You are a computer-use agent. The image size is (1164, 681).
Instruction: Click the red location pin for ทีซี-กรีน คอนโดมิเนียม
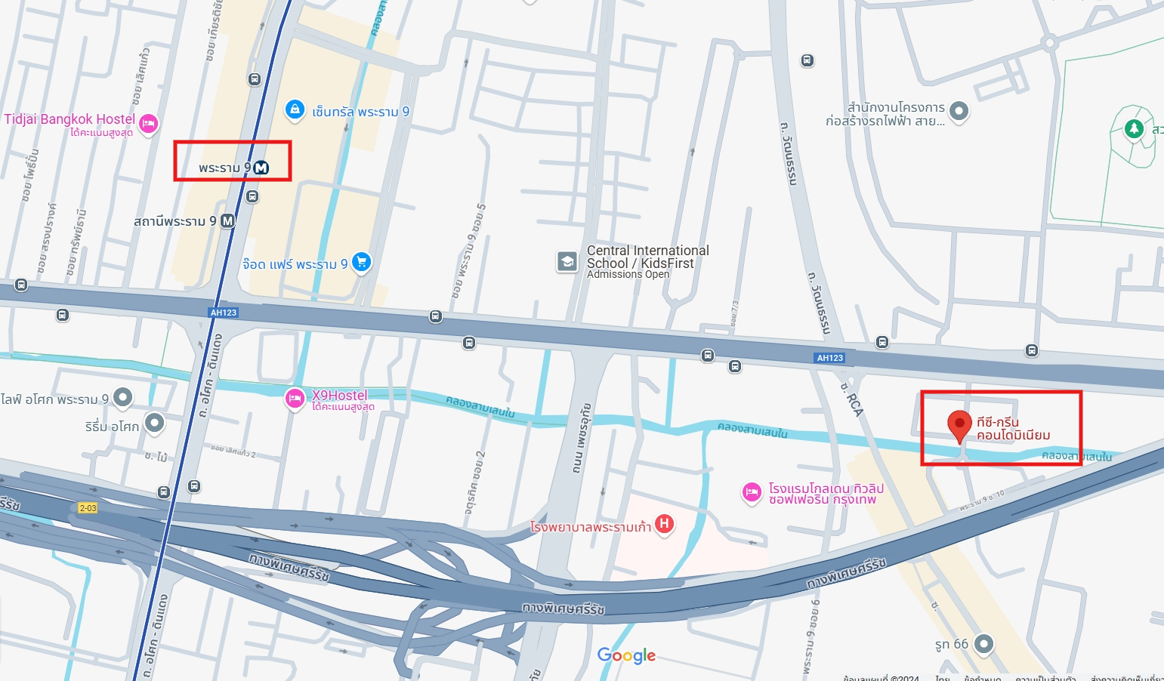pos(959,424)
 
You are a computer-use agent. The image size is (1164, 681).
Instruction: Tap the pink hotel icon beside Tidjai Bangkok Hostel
pos(149,123)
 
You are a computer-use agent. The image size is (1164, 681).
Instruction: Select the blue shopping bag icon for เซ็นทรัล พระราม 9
pos(295,109)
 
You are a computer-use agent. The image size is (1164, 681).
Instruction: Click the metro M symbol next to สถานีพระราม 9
pos(227,221)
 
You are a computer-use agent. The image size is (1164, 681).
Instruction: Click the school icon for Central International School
pos(567,261)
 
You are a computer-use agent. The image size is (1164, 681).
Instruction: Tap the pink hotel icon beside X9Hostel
pos(295,398)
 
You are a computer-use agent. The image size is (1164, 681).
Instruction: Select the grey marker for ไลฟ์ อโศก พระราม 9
pos(122,397)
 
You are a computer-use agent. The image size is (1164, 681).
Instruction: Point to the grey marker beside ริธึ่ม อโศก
pos(155,423)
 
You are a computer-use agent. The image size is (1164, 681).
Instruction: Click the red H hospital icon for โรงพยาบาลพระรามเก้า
pos(664,523)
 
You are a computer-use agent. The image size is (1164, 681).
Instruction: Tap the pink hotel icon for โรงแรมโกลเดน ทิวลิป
pos(752,492)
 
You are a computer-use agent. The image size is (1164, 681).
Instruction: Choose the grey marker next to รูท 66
pos(983,644)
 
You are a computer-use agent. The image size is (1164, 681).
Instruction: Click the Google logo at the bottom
pos(626,655)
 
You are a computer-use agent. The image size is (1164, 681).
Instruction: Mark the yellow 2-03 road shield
pos(88,508)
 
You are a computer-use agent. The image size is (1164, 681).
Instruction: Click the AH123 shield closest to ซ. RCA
pos(830,358)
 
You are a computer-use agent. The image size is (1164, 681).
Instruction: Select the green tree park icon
pos(1134,128)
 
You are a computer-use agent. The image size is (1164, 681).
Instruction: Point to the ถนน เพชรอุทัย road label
pos(582,438)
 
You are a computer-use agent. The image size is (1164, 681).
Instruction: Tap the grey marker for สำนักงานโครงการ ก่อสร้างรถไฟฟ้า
pos(959,111)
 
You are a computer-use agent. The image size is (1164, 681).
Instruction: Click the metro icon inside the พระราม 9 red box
pos(261,168)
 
